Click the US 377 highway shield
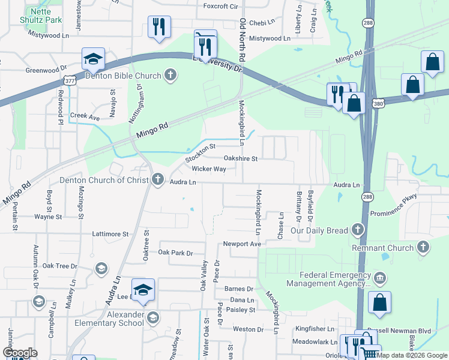point(70,80)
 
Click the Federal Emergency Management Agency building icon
point(379,278)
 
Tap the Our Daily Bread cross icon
point(358,230)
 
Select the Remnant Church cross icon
point(423,247)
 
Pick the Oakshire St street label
point(240,158)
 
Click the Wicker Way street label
point(208,169)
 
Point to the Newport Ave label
point(242,244)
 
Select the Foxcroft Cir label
point(221,7)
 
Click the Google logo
point(19,353)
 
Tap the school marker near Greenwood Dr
point(94,59)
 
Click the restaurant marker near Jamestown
point(159,26)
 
